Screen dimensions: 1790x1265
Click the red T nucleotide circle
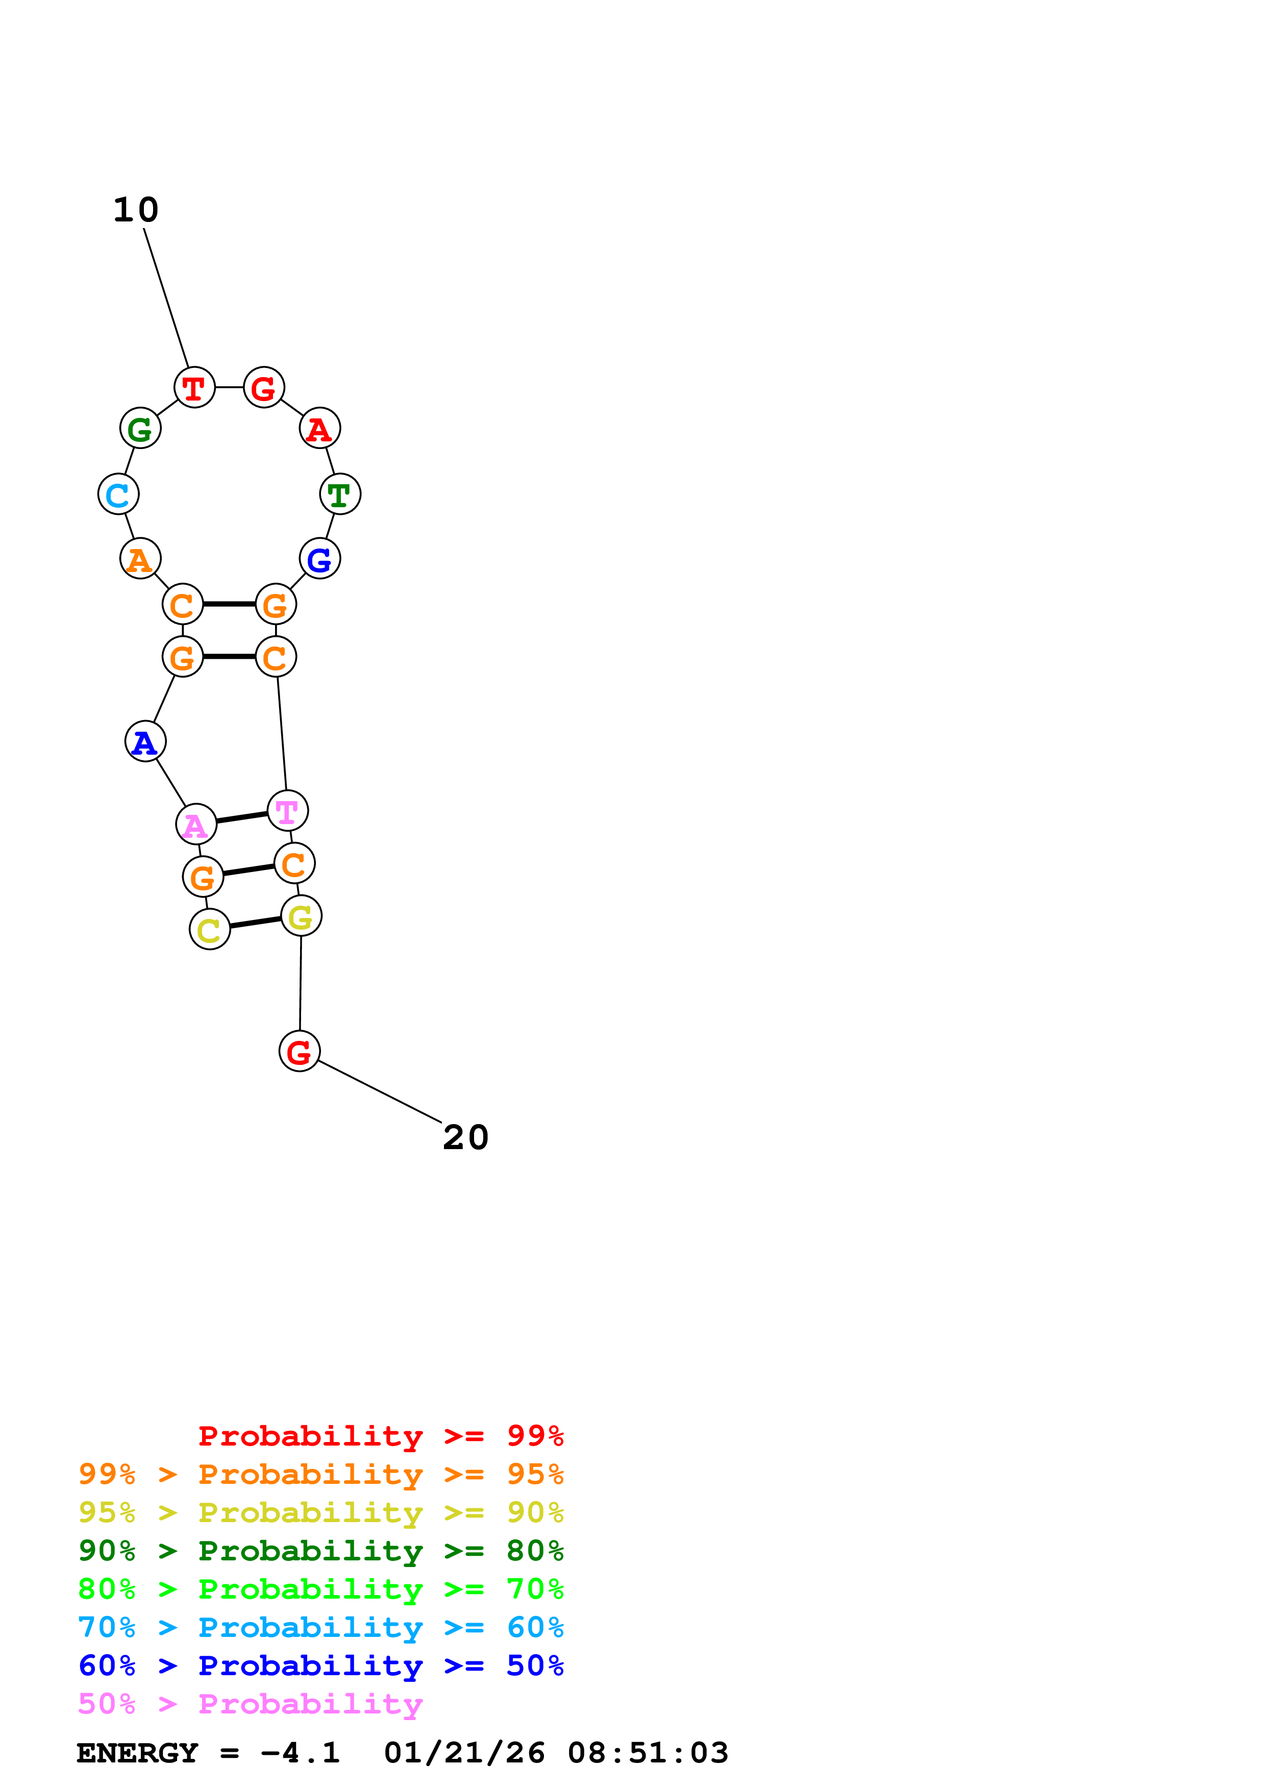[x=194, y=387]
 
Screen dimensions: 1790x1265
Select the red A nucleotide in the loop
[x=319, y=428]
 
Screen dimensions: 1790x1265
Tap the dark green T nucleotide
[x=340, y=494]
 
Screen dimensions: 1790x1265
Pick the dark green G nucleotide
[x=140, y=428]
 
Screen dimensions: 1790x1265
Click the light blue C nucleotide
[x=118, y=494]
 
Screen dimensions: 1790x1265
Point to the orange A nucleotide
[x=140, y=559]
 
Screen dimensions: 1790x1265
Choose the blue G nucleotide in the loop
[x=319, y=559]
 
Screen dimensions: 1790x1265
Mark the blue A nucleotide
[x=146, y=741]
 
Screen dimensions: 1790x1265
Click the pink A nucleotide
[x=196, y=824]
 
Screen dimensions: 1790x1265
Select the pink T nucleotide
[x=288, y=811]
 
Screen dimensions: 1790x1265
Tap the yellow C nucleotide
[x=210, y=929]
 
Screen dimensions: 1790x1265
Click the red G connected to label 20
[x=300, y=1052]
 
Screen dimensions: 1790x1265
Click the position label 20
[x=465, y=1137]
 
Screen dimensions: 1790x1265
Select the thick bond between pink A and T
[x=241, y=817]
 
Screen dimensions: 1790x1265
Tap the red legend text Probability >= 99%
[x=380, y=1436]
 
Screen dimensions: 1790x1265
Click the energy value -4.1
[x=300, y=1753]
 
